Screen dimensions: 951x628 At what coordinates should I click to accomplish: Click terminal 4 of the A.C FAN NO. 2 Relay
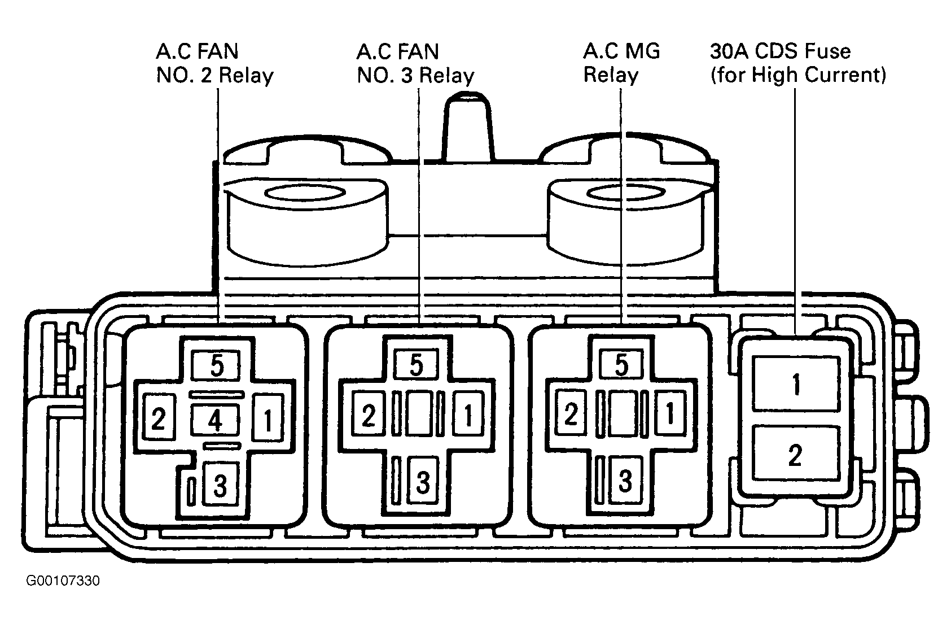215,420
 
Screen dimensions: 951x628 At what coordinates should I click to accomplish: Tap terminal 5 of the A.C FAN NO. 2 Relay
216,365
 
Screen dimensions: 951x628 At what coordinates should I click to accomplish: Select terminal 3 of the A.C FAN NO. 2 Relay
220,485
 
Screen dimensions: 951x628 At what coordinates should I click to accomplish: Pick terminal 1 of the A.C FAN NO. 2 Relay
268,418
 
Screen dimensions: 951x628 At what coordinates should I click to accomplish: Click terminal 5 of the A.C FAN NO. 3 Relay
416,364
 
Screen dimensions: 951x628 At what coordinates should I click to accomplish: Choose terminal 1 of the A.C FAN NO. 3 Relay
468,414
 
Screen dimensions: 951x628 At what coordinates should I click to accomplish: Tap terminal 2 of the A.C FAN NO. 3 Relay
369,414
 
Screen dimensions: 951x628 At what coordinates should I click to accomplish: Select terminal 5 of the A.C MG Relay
621,364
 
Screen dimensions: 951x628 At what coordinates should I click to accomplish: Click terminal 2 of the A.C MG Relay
571,413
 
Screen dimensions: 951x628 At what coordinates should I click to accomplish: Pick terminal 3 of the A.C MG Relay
625,481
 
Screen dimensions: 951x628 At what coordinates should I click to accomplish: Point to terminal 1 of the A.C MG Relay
670,413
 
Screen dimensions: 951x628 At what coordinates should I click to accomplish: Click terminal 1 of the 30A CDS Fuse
796,383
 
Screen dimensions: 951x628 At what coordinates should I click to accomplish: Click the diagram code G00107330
63,581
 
